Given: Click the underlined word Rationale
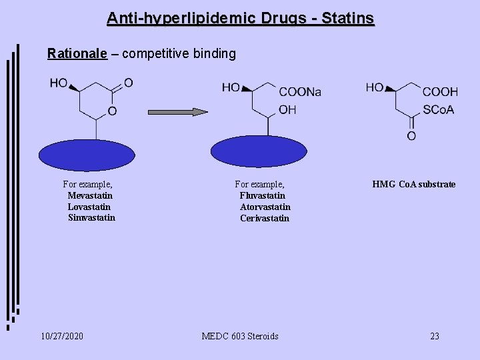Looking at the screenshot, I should [77, 54].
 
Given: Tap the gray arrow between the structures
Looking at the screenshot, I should [177, 112].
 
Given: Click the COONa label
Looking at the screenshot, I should [299, 93].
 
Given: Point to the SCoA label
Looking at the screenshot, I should [438, 109].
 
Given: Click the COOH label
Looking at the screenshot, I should [440, 92].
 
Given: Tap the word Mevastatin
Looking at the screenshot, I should [90, 195].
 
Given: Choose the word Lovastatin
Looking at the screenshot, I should [90, 207].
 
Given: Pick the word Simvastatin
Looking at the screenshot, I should [91, 217].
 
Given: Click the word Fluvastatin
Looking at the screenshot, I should [263, 195].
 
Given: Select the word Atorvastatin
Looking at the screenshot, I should [265, 207].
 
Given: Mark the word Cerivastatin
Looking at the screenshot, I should [265, 218].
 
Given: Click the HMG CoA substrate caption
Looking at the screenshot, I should [414, 184].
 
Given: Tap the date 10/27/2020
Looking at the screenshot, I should [61, 336].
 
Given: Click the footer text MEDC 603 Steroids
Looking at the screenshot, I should [240, 336].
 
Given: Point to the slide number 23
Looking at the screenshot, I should [435, 336].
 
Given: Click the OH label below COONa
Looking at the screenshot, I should [288, 109].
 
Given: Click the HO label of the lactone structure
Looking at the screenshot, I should [59, 83].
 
